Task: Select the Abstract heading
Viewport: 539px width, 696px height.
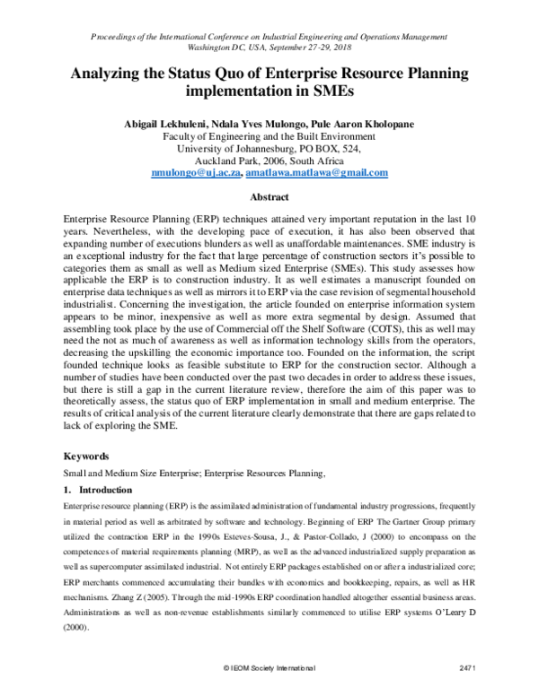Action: point(269,196)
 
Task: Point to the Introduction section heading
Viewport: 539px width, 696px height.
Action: point(106,491)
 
